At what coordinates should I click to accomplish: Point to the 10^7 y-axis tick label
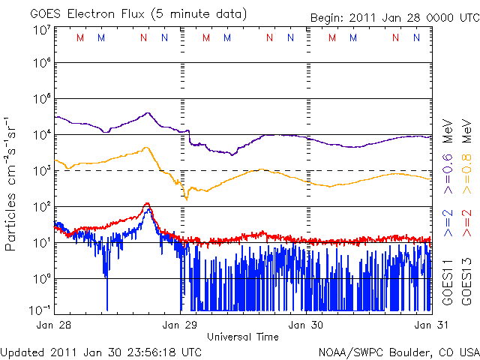[x=41, y=31]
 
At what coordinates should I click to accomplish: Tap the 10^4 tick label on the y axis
[x=41, y=135]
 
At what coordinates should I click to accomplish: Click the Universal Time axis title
[x=243, y=337]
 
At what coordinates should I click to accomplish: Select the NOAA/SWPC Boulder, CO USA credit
[x=398, y=351]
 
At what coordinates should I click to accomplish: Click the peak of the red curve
[x=148, y=203]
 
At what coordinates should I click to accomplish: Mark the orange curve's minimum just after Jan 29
[x=186, y=197]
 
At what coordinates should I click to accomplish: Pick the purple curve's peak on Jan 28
[x=148, y=113]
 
